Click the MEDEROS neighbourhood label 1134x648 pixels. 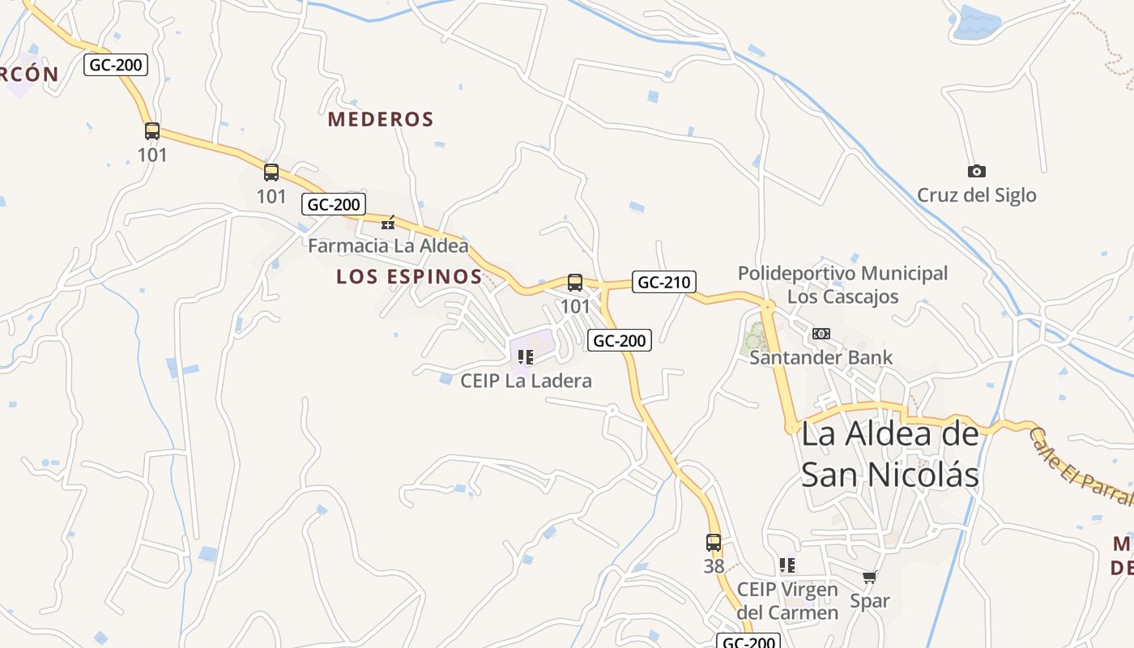(x=381, y=120)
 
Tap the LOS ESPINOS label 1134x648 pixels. (x=410, y=277)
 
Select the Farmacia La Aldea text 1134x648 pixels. (x=388, y=245)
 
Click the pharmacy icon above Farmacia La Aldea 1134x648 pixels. (x=388, y=223)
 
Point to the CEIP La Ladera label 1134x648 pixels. (x=526, y=381)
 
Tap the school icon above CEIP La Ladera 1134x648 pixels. (x=525, y=357)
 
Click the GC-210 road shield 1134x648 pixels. (x=663, y=282)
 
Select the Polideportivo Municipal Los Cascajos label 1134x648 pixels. (x=842, y=285)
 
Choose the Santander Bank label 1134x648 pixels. (x=821, y=357)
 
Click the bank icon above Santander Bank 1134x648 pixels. (x=821, y=334)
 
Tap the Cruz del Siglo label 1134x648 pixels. (x=976, y=195)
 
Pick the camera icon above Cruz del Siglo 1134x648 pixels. (x=976, y=171)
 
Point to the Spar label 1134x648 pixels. (x=869, y=601)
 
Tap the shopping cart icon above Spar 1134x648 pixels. (x=869, y=578)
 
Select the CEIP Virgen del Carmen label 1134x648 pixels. (x=787, y=601)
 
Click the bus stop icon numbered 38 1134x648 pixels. (x=714, y=543)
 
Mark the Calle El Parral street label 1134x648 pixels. (x=1081, y=467)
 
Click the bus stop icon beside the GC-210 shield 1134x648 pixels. (x=575, y=283)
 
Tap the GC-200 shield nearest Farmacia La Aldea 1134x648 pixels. (x=334, y=204)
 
